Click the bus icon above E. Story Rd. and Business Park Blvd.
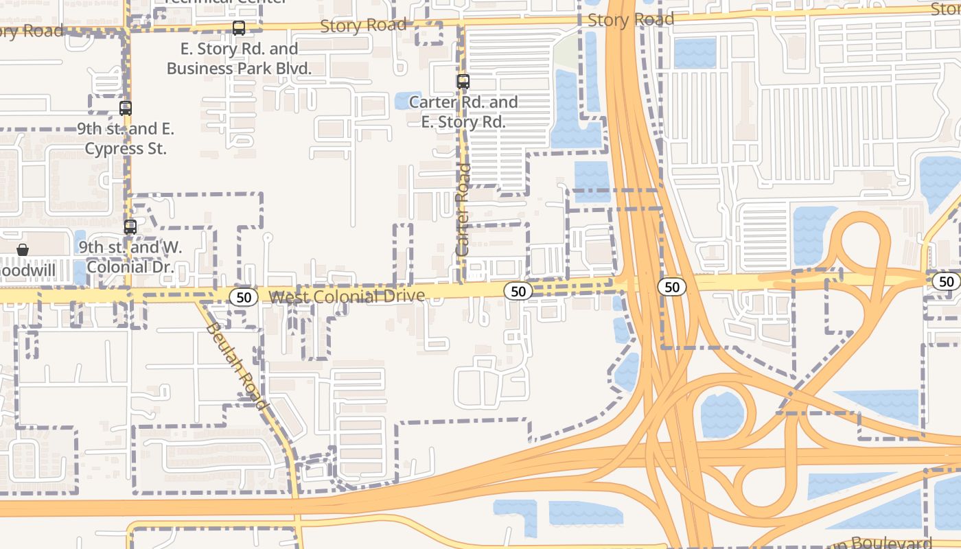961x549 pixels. point(239,28)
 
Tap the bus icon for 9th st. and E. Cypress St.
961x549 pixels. point(125,108)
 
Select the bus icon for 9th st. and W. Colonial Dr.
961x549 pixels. point(130,226)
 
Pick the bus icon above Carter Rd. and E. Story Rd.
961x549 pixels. point(463,82)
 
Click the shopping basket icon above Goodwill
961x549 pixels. point(23,250)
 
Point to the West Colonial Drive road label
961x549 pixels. point(347,296)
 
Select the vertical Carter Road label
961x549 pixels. point(464,209)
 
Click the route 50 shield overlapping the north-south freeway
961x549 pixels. point(671,287)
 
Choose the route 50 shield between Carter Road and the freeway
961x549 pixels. point(518,291)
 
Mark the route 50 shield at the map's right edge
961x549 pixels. point(947,281)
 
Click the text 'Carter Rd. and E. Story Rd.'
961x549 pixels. point(463,113)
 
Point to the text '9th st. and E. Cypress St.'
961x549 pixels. point(126,139)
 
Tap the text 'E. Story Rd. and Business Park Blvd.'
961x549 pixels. point(239,59)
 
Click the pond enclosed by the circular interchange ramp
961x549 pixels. point(722,414)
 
